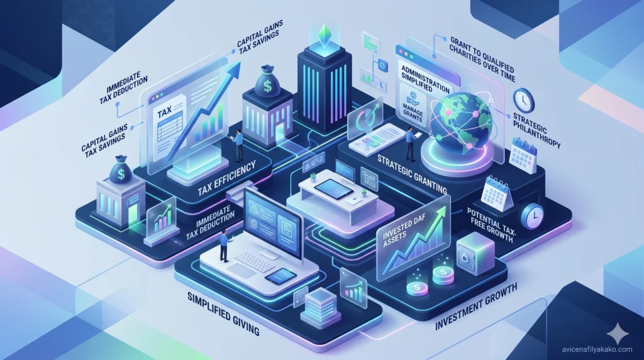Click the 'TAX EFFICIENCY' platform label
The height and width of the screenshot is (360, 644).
(x=226, y=179)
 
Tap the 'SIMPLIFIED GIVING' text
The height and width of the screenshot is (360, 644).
(x=223, y=313)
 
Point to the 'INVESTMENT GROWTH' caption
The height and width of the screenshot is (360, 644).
(x=476, y=307)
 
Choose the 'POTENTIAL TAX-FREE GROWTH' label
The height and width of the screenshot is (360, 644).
(x=492, y=225)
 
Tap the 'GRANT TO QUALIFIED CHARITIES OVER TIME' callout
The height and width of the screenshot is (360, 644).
(x=482, y=59)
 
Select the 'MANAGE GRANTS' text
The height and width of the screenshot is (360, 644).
(x=413, y=114)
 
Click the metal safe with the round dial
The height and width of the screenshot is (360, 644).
(x=475, y=254)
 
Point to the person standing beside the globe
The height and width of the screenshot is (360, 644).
(x=410, y=143)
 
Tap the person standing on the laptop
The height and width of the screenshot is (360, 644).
(x=224, y=245)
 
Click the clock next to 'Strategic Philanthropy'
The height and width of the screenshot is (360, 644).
(x=524, y=100)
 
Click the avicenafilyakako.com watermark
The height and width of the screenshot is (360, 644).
(x=597, y=349)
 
